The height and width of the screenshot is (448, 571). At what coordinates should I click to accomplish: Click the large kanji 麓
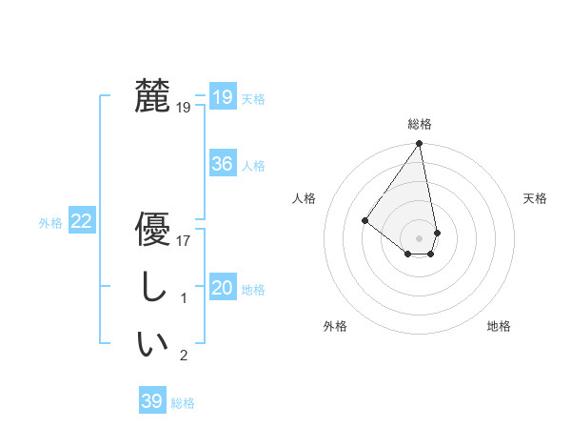coord(152,97)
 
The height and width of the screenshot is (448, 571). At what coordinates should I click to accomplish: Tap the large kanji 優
coord(152,232)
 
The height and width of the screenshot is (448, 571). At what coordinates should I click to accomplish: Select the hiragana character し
coord(152,288)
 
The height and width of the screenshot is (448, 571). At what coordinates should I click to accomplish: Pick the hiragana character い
coord(152,344)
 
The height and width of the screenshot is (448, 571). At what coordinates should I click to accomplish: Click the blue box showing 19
coord(222,97)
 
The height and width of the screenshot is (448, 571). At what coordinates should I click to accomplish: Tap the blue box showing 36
coord(222,164)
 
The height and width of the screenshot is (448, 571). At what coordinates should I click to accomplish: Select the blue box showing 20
coord(222,288)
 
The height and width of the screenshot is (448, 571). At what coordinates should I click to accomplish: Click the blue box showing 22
coord(82,221)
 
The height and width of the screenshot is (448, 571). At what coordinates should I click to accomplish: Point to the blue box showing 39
coord(151,401)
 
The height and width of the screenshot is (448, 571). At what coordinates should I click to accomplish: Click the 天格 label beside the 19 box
coord(253,98)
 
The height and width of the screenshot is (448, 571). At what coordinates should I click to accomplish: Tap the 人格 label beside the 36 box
coord(253,165)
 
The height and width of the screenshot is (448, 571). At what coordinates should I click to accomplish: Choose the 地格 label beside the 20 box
coord(253,289)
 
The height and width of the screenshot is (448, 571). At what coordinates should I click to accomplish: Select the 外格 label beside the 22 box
coord(50,222)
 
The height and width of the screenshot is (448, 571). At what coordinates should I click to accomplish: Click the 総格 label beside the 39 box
coord(183,402)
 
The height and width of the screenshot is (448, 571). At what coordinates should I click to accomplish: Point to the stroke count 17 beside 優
coord(184,241)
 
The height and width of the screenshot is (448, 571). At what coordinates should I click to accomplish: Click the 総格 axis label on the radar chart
coord(420,124)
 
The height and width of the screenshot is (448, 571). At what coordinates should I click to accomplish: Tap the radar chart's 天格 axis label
coord(535,198)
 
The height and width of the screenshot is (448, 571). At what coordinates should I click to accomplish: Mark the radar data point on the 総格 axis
coord(420,144)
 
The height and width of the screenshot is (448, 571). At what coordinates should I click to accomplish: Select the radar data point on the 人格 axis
coord(364,220)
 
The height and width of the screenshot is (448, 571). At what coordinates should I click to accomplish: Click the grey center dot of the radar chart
coord(420,237)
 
